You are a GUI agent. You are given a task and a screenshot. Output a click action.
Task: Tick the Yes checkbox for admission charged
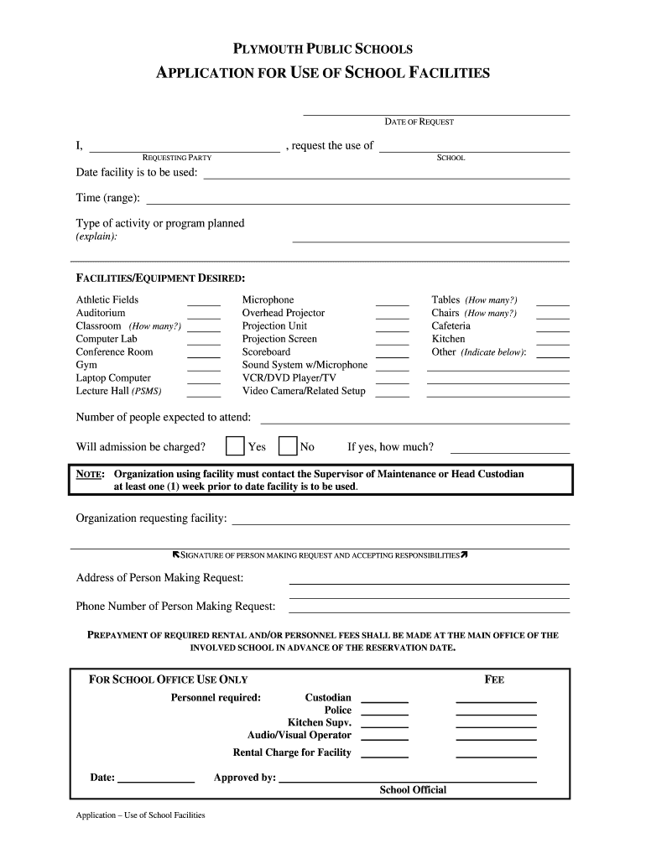pyautogui.click(x=236, y=446)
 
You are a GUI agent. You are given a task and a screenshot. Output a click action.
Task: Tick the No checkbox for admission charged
pyautogui.click(x=288, y=446)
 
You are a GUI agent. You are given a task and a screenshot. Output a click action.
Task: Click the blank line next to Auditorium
pyautogui.click(x=203, y=318)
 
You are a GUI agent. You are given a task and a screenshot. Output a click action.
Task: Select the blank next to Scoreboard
pyautogui.click(x=392, y=357)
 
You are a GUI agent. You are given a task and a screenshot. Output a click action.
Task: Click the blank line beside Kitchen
pyautogui.click(x=552, y=344)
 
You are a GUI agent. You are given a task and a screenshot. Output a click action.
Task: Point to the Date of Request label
pyautogui.click(x=419, y=122)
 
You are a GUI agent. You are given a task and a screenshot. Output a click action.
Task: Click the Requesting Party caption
pyautogui.click(x=177, y=158)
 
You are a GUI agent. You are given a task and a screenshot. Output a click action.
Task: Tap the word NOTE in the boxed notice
pyautogui.click(x=90, y=475)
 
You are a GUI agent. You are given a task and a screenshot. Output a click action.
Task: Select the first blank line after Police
pyautogui.click(x=384, y=715)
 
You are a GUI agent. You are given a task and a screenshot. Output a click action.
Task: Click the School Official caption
pyautogui.click(x=413, y=790)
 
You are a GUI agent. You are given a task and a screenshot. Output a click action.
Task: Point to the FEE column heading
pyautogui.click(x=494, y=679)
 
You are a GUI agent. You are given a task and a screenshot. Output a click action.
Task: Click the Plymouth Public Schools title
pyautogui.click(x=322, y=49)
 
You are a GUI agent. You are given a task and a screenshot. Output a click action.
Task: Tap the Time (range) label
pyautogui.click(x=108, y=198)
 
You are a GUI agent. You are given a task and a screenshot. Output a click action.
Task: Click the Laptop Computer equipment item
pyautogui.click(x=113, y=378)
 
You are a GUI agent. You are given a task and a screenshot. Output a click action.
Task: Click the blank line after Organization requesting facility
pyautogui.click(x=400, y=523)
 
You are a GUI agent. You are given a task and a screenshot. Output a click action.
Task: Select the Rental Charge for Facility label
pyautogui.click(x=291, y=752)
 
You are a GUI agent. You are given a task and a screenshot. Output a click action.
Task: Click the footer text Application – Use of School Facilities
pyautogui.click(x=140, y=815)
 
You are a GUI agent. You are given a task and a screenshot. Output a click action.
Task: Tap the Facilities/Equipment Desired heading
pyautogui.click(x=160, y=278)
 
